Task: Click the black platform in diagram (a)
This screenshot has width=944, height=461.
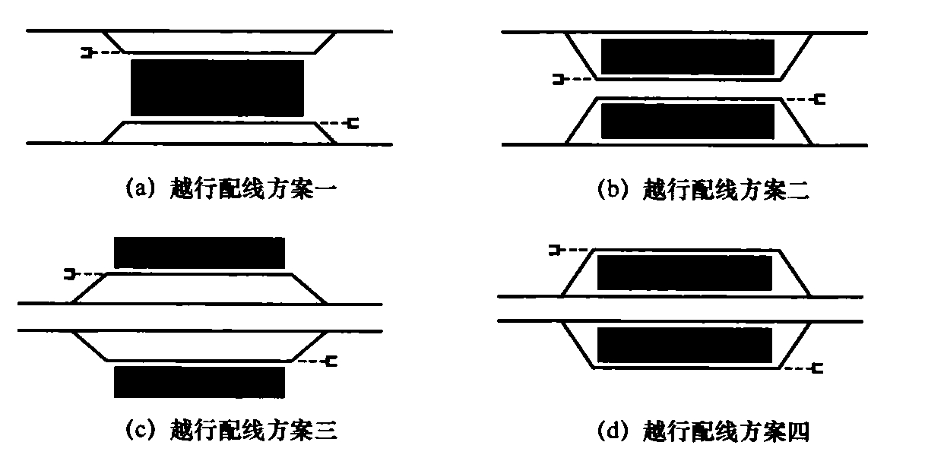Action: coord(217,87)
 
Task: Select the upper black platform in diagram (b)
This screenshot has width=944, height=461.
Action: coord(687,57)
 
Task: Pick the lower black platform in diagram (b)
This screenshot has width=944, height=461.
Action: coord(687,122)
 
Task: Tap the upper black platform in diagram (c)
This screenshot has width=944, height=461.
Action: coord(199,253)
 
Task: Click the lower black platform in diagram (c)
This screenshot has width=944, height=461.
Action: coord(199,382)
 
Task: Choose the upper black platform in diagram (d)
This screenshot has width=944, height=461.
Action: coord(684,273)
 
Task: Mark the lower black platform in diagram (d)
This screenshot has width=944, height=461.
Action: coord(684,345)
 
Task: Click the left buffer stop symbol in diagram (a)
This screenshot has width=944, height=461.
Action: coord(87,53)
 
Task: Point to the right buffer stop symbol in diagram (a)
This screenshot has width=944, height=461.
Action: coord(353,123)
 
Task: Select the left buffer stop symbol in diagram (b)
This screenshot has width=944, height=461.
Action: coord(559,79)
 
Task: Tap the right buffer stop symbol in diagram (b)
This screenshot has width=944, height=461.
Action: coord(819,99)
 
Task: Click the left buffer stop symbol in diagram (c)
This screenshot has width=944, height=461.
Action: coord(69,274)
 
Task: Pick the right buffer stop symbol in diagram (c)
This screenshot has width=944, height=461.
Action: coord(331,362)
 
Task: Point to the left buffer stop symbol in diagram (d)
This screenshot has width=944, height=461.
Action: coord(555,251)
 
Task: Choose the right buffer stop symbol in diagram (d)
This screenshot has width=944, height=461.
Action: coord(817,368)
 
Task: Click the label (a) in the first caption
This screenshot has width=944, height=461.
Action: coord(141,188)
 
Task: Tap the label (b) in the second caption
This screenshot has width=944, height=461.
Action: coord(613,189)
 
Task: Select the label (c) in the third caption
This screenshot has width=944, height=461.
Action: coord(141,429)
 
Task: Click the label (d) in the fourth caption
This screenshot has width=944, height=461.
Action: coord(613,431)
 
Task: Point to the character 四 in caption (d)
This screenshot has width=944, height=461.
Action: coord(799,431)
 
